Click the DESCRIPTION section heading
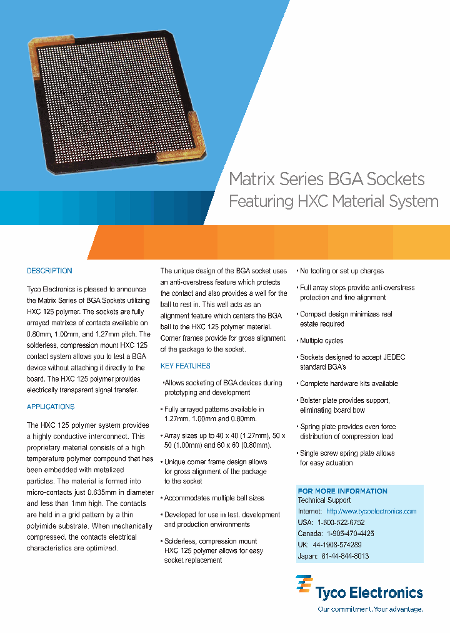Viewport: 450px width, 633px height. click(x=49, y=271)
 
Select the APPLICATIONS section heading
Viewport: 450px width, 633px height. click(x=51, y=407)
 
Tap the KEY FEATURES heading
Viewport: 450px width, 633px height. click(x=186, y=366)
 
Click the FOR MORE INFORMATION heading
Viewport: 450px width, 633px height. click(x=342, y=491)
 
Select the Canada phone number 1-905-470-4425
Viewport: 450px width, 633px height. click(x=350, y=534)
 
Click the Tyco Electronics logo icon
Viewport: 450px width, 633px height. click(x=304, y=587)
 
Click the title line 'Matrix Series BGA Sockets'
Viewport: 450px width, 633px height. click(x=327, y=179)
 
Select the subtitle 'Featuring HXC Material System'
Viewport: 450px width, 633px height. click(x=333, y=202)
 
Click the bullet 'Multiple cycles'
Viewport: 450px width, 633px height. click(x=321, y=341)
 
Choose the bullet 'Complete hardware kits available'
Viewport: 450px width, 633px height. click(x=349, y=383)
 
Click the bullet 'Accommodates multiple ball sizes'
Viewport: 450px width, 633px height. click(x=214, y=498)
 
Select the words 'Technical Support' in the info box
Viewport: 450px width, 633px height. click(x=324, y=500)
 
